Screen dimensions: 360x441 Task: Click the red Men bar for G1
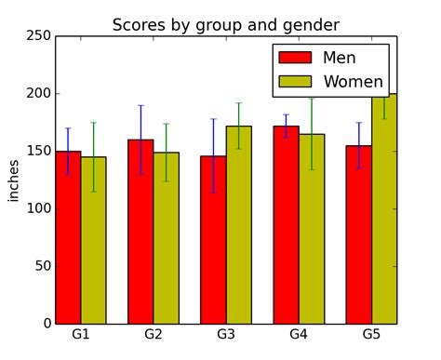point(68,237)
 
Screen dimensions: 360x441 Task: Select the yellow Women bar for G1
point(93,240)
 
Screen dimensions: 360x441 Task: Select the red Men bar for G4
point(286,225)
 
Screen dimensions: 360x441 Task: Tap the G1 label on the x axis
point(81,333)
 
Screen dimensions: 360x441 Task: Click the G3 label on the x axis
point(226,333)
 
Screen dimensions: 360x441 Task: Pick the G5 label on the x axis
point(371,333)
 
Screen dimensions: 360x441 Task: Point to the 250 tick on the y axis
point(38,36)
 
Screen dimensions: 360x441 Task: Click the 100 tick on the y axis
point(38,208)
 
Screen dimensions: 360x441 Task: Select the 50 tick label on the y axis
point(41,266)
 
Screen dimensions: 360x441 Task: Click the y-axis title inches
point(14,180)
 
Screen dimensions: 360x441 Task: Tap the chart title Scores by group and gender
point(226,24)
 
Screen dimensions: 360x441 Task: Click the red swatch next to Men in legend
point(295,58)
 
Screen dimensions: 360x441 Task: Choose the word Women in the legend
point(353,82)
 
